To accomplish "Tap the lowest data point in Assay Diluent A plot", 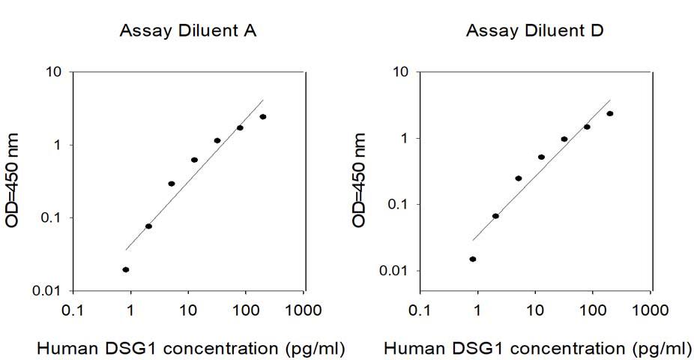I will tap(126, 269).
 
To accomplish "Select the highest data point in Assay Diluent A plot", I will tap(262, 116).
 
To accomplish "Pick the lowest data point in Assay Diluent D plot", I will tap(473, 259).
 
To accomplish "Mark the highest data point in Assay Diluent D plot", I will tap(609, 113).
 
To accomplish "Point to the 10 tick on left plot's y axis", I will tap(55, 72).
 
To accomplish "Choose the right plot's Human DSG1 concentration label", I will tap(538, 348).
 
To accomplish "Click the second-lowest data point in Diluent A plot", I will tap(148, 226).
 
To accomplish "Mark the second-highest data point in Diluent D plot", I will tap(587, 127).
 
